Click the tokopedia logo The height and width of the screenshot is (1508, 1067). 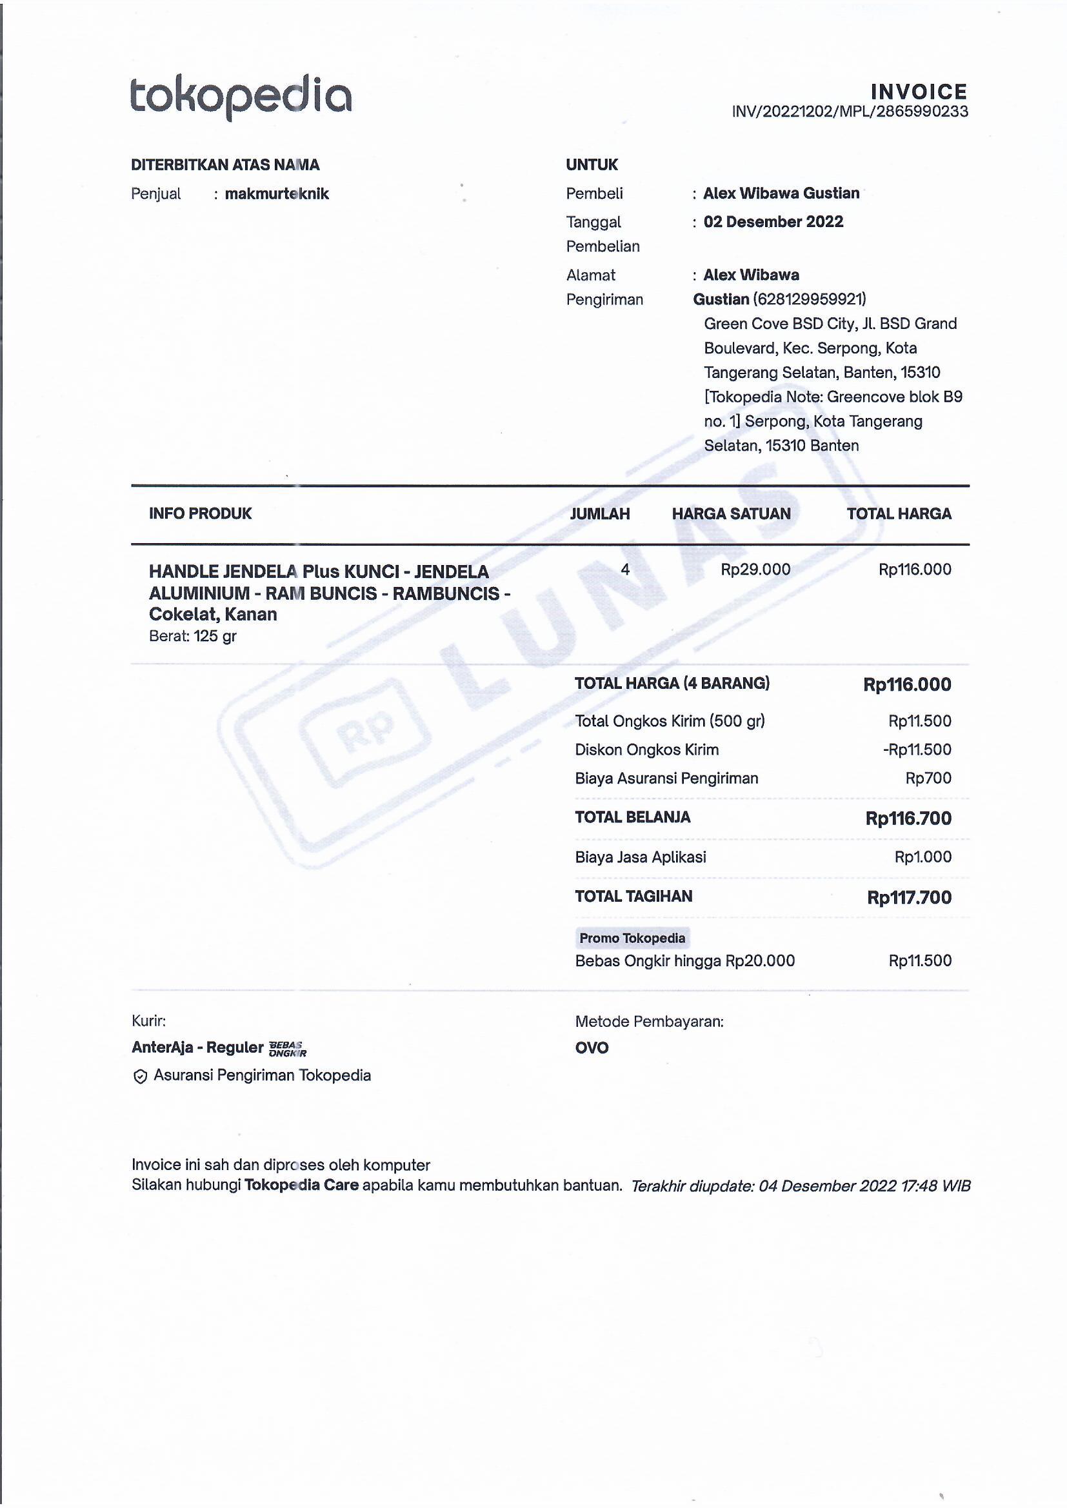click(241, 99)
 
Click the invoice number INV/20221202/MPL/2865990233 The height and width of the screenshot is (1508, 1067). click(850, 112)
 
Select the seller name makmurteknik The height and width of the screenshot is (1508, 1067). click(277, 193)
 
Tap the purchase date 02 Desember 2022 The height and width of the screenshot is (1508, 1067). click(773, 222)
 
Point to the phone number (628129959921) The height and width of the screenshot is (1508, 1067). click(810, 299)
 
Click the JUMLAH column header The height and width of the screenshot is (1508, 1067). click(599, 513)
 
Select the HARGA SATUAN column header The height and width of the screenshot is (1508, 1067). click(731, 513)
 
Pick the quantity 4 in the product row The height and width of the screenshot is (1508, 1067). click(625, 570)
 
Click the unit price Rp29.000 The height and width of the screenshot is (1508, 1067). click(755, 570)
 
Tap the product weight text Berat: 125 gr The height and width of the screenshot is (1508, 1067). click(192, 636)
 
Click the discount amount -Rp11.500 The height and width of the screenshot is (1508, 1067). click(917, 749)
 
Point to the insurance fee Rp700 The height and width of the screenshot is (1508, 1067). click(928, 779)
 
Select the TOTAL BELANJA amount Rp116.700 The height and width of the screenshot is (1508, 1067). click(908, 818)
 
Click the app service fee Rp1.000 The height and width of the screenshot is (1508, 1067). click(922, 857)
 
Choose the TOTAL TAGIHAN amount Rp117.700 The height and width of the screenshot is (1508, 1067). click(909, 897)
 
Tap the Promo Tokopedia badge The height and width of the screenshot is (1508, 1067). click(632, 938)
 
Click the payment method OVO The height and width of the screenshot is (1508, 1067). click(592, 1047)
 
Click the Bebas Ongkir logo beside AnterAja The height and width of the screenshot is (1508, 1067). click(287, 1048)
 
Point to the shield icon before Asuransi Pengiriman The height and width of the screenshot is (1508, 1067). click(140, 1076)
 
